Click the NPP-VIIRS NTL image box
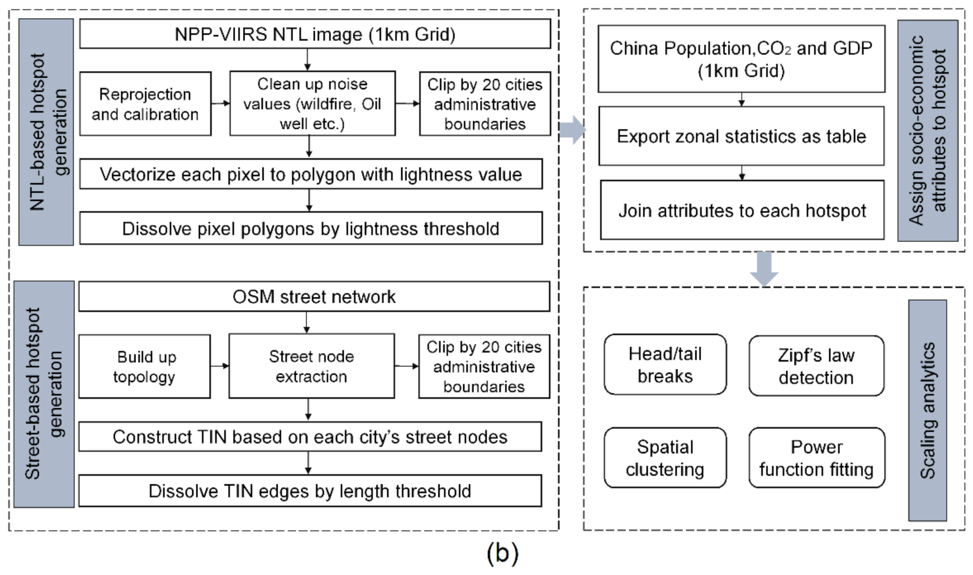click(x=315, y=34)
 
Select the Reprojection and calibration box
click(x=145, y=104)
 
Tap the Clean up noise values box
click(x=312, y=104)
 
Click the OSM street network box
click(x=314, y=297)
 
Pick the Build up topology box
click(x=144, y=366)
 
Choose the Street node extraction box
click(x=311, y=366)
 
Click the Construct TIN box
click(x=310, y=437)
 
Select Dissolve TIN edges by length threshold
click(x=310, y=491)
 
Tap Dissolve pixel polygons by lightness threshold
click(x=311, y=228)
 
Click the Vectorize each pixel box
click(x=311, y=174)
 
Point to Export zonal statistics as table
click(x=741, y=136)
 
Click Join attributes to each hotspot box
click(x=742, y=210)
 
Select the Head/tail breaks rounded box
click(x=665, y=364)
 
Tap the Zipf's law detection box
click(x=816, y=366)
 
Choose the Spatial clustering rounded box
click(x=665, y=458)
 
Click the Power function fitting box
click(x=816, y=458)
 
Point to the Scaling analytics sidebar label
click(x=928, y=410)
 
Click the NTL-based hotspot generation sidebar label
click(x=46, y=132)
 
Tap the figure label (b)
click(x=502, y=553)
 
